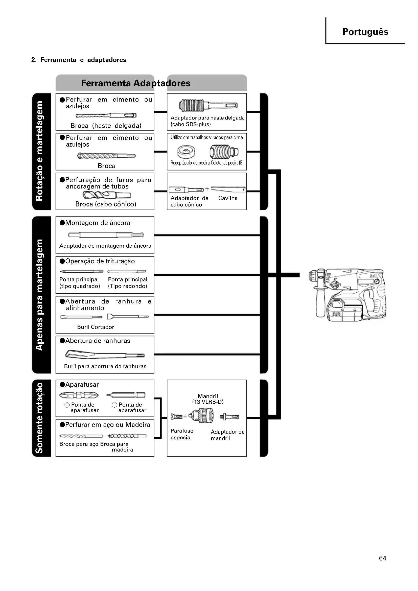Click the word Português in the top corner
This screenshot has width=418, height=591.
[365, 32]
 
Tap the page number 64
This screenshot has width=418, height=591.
[382, 558]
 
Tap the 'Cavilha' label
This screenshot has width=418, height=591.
[228, 198]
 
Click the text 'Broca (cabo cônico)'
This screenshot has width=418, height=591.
[106, 204]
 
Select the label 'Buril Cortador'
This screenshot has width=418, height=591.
[96, 327]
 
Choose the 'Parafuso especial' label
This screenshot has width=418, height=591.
[182, 434]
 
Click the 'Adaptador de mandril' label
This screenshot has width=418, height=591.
[227, 435]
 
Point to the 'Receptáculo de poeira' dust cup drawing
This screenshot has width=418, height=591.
[186, 151]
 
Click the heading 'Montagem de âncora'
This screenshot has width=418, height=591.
[98, 223]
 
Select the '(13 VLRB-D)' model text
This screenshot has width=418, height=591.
[208, 402]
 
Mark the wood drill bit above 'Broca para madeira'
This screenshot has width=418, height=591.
[127, 436]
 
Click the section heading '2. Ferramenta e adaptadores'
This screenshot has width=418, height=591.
[79, 60]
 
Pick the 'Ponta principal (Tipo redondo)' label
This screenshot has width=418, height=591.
[128, 283]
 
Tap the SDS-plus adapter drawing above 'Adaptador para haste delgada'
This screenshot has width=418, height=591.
[208, 106]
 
